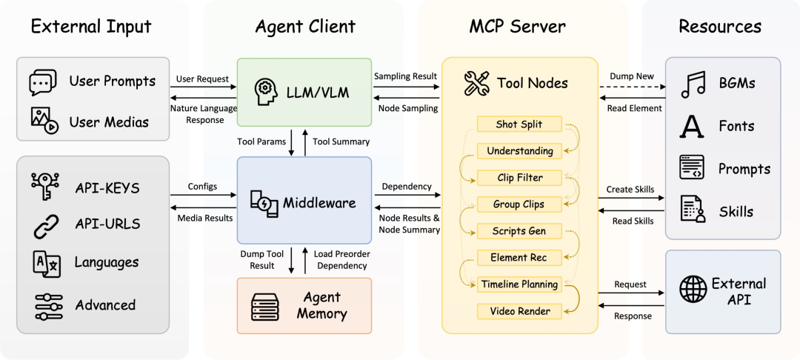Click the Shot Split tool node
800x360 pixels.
pos(519,124)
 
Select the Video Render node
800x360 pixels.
pos(520,311)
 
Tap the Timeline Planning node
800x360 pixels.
pos(520,284)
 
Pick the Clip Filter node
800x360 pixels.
pos(520,178)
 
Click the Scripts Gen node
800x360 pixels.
pos(519,231)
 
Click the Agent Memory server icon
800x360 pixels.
pos(266,306)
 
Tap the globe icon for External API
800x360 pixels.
pos(693,290)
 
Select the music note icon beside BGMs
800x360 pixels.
pos(693,84)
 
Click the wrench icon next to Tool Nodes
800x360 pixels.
pos(476,84)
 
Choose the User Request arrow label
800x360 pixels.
pos(202,78)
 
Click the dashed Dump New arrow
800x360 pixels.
pos(631,87)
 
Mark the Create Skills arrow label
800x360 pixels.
pos(630,190)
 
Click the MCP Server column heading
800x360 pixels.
pos(517,27)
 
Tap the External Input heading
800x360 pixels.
pos(91,27)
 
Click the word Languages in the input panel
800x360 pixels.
pos(107,262)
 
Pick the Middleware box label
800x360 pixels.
pos(319,202)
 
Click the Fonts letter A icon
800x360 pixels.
pos(692,127)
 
